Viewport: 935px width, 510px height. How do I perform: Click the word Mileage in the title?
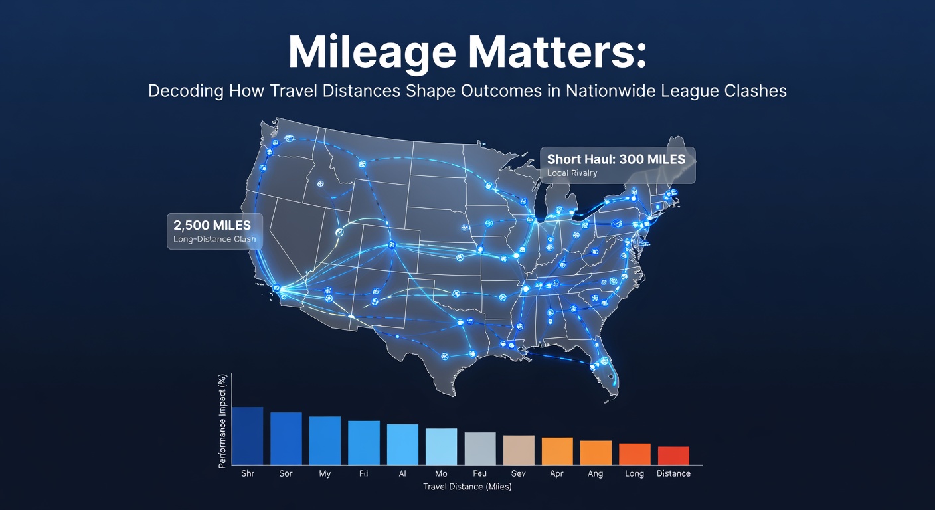(371, 53)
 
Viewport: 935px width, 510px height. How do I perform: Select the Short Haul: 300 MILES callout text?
(616, 159)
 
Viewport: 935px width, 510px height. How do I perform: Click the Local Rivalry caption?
(572, 173)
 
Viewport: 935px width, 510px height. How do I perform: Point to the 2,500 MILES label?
(212, 225)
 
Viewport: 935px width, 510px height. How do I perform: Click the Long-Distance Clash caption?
(214, 240)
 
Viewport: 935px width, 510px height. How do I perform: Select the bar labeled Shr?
(248, 436)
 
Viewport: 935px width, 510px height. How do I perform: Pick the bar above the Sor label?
(286, 439)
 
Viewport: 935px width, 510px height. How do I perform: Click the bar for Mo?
(441, 446)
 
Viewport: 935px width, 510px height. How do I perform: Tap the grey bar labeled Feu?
(480, 449)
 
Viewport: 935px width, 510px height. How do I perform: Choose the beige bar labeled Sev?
(519, 450)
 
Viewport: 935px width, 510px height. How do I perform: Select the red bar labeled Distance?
(674, 456)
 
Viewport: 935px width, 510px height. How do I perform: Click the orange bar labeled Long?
(635, 454)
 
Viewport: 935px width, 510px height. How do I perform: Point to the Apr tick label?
(557, 473)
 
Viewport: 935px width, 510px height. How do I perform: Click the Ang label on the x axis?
(595, 473)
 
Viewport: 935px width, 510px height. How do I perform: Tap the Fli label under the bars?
(363, 473)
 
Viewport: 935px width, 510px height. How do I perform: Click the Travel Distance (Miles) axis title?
(467, 487)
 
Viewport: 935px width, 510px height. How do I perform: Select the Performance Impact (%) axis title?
(222, 421)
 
